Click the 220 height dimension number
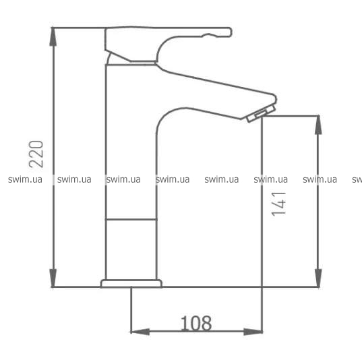[36, 154]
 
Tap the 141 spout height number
[278, 204]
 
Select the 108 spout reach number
[196, 324]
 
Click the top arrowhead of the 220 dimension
[53, 36]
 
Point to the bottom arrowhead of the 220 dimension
[53, 278]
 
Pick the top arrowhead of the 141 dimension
[318, 125]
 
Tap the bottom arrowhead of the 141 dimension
[318, 278]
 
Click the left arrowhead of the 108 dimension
[140, 332]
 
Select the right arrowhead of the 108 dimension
[253, 332]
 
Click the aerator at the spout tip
[261, 114]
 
